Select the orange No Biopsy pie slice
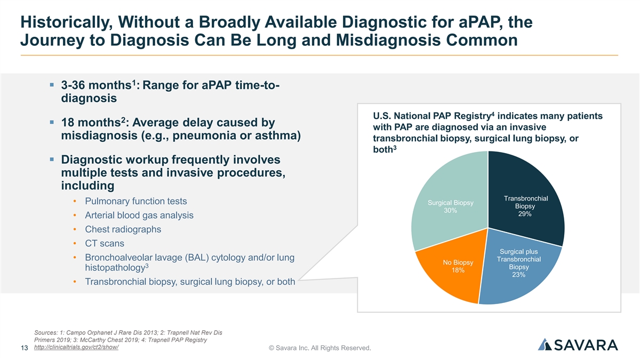coord(448,283)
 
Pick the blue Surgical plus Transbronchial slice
coord(520,277)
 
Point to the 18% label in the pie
coord(458,270)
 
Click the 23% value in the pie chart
coord(518,275)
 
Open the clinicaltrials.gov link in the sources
coord(76,347)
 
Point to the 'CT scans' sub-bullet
coord(105,243)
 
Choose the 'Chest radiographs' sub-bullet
coord(123,229)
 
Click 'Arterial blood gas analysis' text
coord(139,215)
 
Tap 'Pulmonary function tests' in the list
coord(136,202)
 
